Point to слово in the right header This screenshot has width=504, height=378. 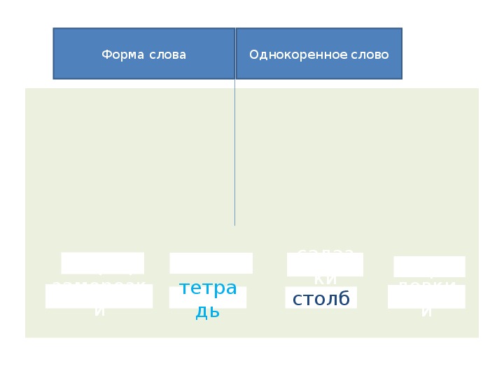click(x=370, y=55)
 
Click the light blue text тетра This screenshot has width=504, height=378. click(x=208, y=288)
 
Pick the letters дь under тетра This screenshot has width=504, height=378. click(x=208, y=311)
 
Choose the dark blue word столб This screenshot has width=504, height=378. click(x=321, y=299)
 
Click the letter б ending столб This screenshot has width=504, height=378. click(x=344, y=298)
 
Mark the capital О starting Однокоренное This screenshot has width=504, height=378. click(x=254, y=55)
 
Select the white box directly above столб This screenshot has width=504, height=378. click(x=325, y=265)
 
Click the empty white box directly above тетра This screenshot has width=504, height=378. click(x=211, y=263)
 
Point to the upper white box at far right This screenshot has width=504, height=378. click(x=429, y=267)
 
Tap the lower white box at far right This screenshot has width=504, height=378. click(x=426, y=296)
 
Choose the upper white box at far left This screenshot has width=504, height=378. click(x=102, y=263)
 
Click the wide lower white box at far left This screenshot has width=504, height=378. click(x=99, y=296)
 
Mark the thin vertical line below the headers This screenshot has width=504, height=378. click(x=234, y=154)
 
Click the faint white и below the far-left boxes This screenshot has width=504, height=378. click(x=99, y=312)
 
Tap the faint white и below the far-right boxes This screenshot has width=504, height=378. click(x=426, y=312)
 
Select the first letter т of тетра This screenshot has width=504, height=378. click(x=184, y=288)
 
